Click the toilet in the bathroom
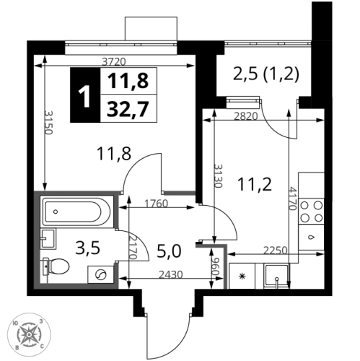[56, 266]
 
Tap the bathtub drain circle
[56, 212]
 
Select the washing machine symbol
[100, 274]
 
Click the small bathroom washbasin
[48, 239]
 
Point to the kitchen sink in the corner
[276, 276]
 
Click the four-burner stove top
[312, 212]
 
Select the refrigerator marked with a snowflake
[242, 276]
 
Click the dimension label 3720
[114, 62]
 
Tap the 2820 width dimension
[246, 116]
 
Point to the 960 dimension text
[216, 267]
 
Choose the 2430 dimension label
[171, 274]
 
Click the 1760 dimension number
[156, 204]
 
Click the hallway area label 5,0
[169, 252]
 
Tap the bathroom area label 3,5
[87, 248]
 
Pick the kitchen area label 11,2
[255, 185]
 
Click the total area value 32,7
[128, 109]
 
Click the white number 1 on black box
[85, 95]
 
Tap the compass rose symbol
[29, 334]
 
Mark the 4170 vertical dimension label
[292, 199]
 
